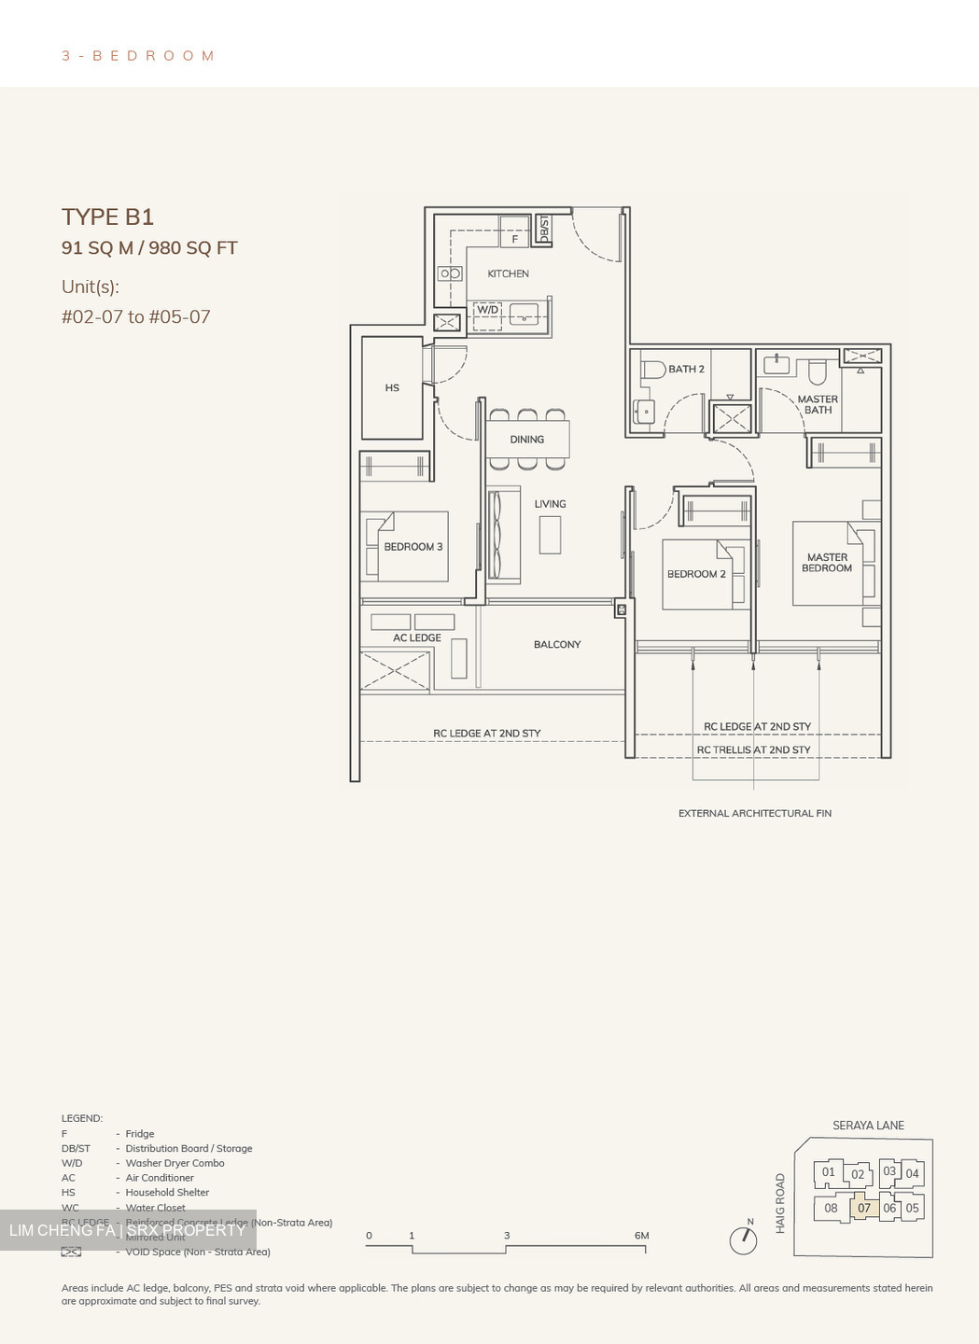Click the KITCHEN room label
508,273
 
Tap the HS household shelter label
392,387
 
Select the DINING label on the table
526,440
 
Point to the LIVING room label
550,504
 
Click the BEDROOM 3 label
413,547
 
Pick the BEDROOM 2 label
696,574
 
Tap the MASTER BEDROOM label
827,562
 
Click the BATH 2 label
686,369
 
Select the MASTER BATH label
818,404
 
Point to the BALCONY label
557,644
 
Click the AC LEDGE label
416,637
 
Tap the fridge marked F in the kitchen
514,239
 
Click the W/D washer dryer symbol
488,310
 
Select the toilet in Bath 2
651,370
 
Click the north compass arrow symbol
744,1239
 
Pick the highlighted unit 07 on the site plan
864,1208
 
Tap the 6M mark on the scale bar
641,1235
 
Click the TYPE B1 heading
107,217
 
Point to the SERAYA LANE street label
868,1125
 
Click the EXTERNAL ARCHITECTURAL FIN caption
754,813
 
